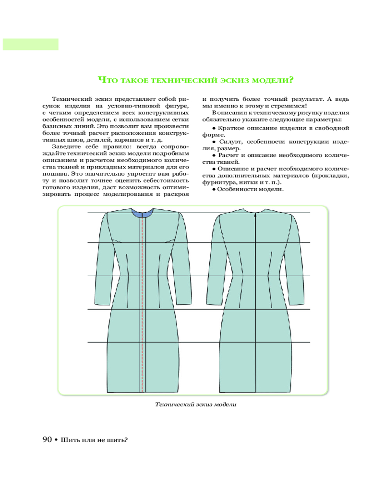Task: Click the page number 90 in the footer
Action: [47, 440]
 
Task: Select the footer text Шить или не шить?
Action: [94, 440]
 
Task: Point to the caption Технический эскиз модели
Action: [196, 405]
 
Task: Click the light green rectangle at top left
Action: [30, 44]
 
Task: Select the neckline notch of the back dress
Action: [255, 211]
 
